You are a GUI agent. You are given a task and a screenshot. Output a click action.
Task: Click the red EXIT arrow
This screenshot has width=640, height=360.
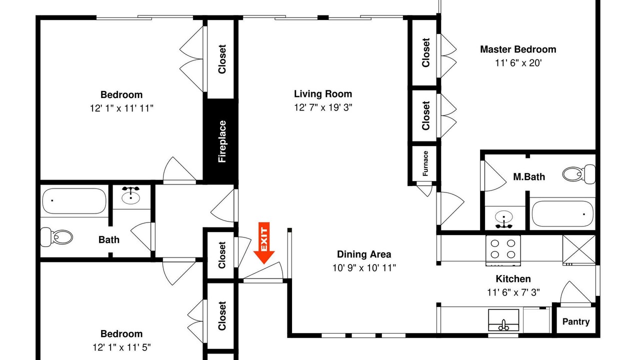click(x=263, y=243)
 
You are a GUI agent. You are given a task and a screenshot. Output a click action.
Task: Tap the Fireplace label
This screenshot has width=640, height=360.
click(x=222, y=141)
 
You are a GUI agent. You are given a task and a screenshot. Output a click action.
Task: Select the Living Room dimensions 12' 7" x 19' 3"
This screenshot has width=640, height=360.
click(x=323, y=107)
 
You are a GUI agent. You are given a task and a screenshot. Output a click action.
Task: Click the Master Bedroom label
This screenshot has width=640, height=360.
click(x=518, y=49)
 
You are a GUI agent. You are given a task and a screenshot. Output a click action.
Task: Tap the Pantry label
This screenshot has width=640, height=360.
click(x=576, y=321)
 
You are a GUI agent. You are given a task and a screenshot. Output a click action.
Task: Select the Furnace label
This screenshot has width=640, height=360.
click(x=425, y=163)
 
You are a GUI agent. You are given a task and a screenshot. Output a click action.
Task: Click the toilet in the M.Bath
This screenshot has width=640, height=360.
click(x=579, y=174)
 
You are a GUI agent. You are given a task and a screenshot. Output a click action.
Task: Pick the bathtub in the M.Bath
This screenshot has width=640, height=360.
click(x=562, y=213)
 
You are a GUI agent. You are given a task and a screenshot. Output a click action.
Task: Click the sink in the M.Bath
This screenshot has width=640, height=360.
click(x=503, y=219)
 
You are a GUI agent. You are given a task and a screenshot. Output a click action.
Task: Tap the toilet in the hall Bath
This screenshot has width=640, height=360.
click(x=56, y=237)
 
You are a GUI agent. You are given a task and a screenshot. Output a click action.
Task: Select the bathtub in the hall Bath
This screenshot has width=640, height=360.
click(x=74, y=201)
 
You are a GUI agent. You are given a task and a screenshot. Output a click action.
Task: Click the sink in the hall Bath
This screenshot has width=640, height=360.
click(x=130, y=195)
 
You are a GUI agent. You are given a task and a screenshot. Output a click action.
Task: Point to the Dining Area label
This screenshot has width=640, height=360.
click(x=364, y=254)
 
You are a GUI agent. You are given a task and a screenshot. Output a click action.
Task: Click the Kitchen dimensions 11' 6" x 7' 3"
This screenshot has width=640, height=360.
click(x=513, y=292)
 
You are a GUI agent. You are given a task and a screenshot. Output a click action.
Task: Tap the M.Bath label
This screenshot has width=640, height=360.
click(x=529, y=176)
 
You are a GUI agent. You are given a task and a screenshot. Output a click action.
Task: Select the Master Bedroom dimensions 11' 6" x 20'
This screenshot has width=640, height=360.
click(x=518, y=63)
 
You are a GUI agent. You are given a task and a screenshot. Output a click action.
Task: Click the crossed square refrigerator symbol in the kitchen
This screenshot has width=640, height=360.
click(x=579, y=250)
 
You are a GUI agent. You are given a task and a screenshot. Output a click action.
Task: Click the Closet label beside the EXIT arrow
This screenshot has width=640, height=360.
click(x=222, y=255)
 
